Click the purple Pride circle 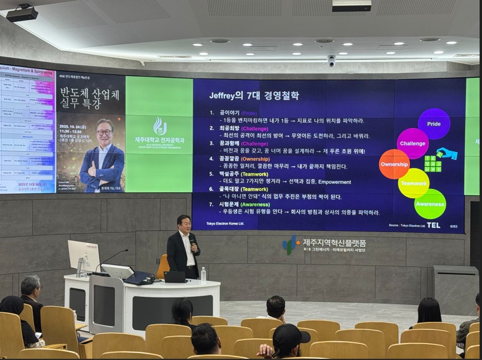[434, 124]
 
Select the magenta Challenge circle [412, 143]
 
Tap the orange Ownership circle [394, 164]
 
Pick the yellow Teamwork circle [414, 183]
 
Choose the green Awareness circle [430, 204]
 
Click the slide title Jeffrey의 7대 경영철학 [253, 95]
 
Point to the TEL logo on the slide [433, 225]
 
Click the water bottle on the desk [203, 275]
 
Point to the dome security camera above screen [331, 61]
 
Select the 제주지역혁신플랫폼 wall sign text [334, 242]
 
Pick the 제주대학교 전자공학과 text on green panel [159, 140]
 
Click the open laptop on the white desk [176, 276]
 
